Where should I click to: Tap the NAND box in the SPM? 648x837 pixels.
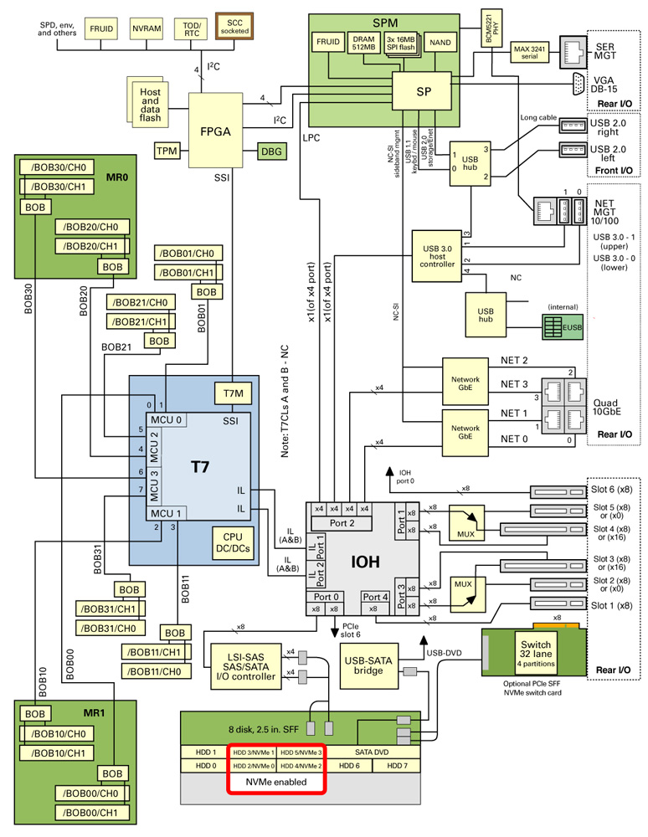[440, 42]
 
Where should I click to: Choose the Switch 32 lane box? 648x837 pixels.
[536, 651]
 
